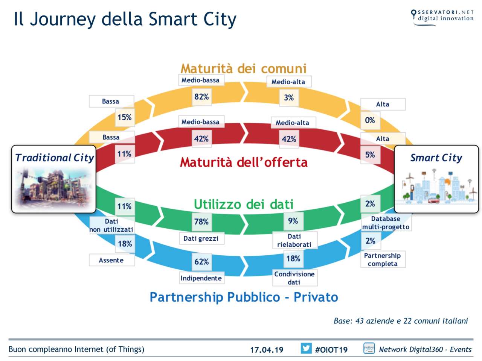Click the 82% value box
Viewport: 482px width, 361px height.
tap(201, 97)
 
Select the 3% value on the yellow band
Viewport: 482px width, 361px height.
tap(289, 98)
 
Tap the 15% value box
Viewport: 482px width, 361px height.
tap(125, 117)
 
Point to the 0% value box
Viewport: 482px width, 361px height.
tap(370, 120)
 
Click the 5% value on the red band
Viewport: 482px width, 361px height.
tap(370, 155)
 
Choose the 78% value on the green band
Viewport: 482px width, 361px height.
tap(201, 222)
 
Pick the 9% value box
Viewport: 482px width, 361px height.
tap(293, 221)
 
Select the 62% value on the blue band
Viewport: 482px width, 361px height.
tap(201, 262)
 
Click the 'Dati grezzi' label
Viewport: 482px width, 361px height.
tap(201, 238)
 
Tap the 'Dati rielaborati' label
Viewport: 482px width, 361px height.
tap(294, 240)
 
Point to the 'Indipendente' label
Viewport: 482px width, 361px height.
tap(201, 278)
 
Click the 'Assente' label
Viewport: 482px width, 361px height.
tap(111, 260)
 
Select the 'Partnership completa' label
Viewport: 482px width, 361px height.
tap(383, 259)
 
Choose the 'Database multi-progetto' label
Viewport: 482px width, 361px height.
tap(386, 223)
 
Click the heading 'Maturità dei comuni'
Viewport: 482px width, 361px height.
tap(243, 68)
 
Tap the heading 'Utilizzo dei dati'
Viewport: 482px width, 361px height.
tap(244, 204)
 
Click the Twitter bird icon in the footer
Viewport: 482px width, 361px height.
tap(306, 349)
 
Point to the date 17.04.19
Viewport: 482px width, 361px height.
tap(267, 350)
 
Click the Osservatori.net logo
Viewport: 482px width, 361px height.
tap(442, 18)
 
